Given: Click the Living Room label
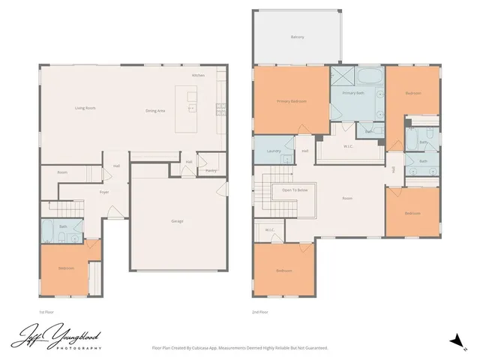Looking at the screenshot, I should [x=85, y=109].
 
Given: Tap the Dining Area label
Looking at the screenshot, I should [x=155, y=111].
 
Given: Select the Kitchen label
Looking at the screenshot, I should [x=198, y=76].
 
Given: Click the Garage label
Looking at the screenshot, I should [x=177, y=221].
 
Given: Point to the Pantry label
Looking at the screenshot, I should [x=211, y=171].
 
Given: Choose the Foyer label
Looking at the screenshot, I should [x=104, y=192].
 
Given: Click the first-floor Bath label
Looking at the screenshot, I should [x=63, y=226].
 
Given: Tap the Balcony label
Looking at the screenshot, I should [x=297, y=37].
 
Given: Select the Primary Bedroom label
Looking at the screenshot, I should [x=291, y=101].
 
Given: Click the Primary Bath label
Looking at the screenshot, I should [x=352, y=93].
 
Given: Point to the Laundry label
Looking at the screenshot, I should [x=273, y=151].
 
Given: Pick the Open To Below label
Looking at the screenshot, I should [x=295, y=190].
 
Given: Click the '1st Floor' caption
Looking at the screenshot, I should [x=46, y=311].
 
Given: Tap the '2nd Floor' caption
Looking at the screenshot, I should [x=260, y=311].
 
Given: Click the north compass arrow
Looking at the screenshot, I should [x=454, y=340].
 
